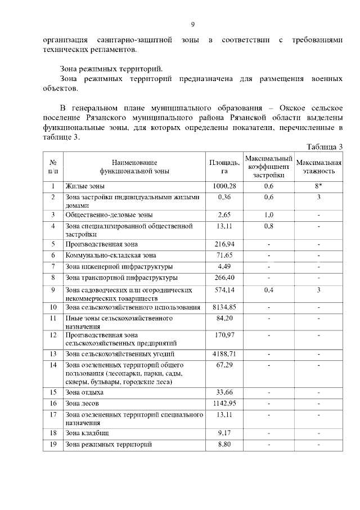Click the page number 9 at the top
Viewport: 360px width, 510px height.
pyautogui.click(x=193, y=24)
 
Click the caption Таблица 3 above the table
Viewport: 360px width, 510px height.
pyautogui.click(x=325, y=147)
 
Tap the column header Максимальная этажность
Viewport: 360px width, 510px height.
pyautogui.click(x=318, y=166)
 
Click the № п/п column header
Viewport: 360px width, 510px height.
pyautogui.click(x=53, y=166)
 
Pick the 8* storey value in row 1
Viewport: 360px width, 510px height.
pyautogui.click(x=318, y=186)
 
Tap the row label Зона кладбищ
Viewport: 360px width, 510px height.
pyautogui.click(x=87, y=433)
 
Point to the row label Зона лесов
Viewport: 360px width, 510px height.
pyautogui.click(x=82, y=404)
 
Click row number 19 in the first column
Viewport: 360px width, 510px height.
pyautogui.click(x=53, y=444)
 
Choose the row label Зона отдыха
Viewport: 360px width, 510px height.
pyautogui.click(x=84, y=392)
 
